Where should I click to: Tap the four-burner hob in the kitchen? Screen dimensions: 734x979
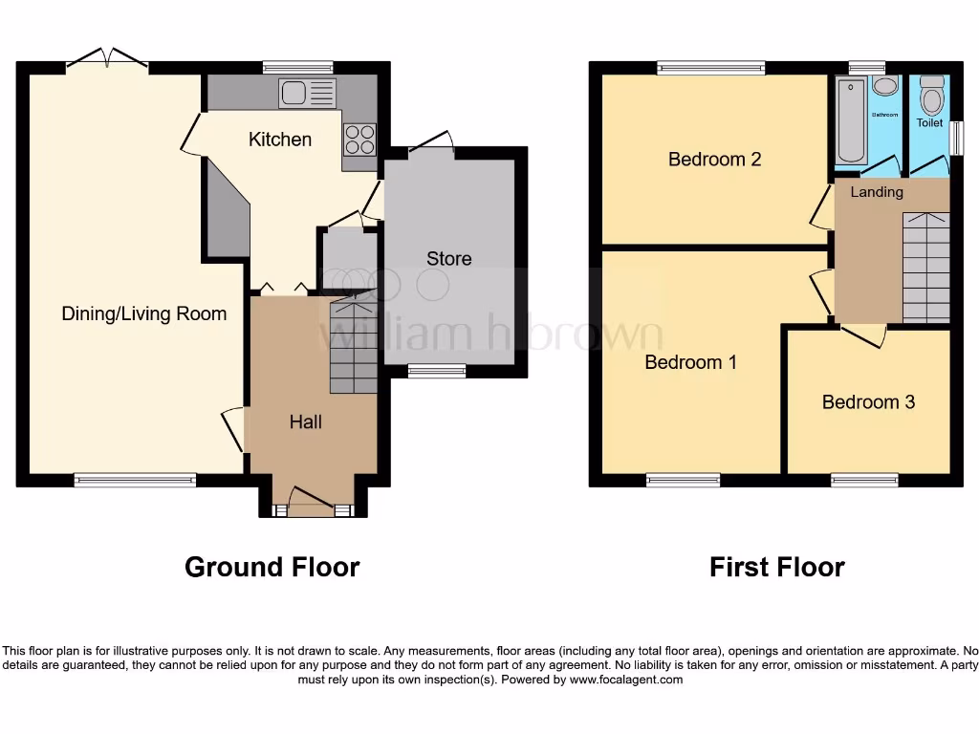click(x=359, y=140)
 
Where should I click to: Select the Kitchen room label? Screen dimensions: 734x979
click(x=280, y=140)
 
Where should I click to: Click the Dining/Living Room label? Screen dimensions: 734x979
click(x=144, y=313)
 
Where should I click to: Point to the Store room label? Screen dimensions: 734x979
click(x=448, y=259)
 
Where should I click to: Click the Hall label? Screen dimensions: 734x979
click(x=306, y=421)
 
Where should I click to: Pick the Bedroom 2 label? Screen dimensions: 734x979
click(x=714, y=160)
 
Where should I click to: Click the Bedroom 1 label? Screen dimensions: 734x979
click(x=690, y=362)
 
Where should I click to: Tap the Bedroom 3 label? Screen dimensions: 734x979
click(x=868, y=402)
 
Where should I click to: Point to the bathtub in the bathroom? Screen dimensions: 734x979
click(x=850, y=122)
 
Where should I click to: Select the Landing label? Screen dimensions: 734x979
click(x=877, y=192)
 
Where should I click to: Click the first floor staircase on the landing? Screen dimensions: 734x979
click(x=925, y=268)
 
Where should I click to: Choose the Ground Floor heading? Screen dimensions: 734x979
click(x=272, y=567)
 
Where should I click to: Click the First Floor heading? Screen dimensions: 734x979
click(x=776, y=567)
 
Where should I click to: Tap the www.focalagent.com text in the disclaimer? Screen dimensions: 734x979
click(x=626, y=680)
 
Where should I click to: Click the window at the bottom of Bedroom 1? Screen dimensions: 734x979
click(x=683, y=480)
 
